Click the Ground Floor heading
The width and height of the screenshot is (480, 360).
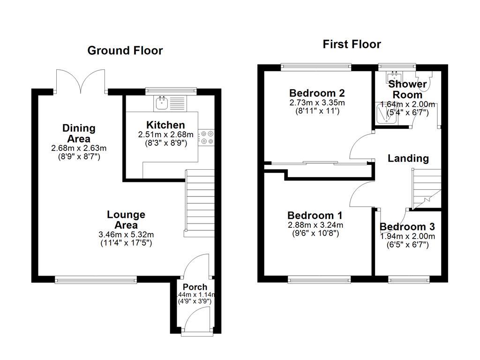125,51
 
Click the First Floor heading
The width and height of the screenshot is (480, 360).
352,45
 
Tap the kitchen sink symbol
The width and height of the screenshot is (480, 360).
163,102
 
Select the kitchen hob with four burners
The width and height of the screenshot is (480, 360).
207,137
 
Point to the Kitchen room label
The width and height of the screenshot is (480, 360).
165,125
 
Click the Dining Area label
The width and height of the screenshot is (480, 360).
79,134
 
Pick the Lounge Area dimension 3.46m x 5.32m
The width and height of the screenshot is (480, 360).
126,235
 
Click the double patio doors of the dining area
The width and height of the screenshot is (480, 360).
80,81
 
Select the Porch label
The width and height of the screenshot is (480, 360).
195,287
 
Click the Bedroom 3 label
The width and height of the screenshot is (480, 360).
407,227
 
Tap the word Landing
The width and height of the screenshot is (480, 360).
408,158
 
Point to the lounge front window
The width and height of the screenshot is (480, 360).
96,280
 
